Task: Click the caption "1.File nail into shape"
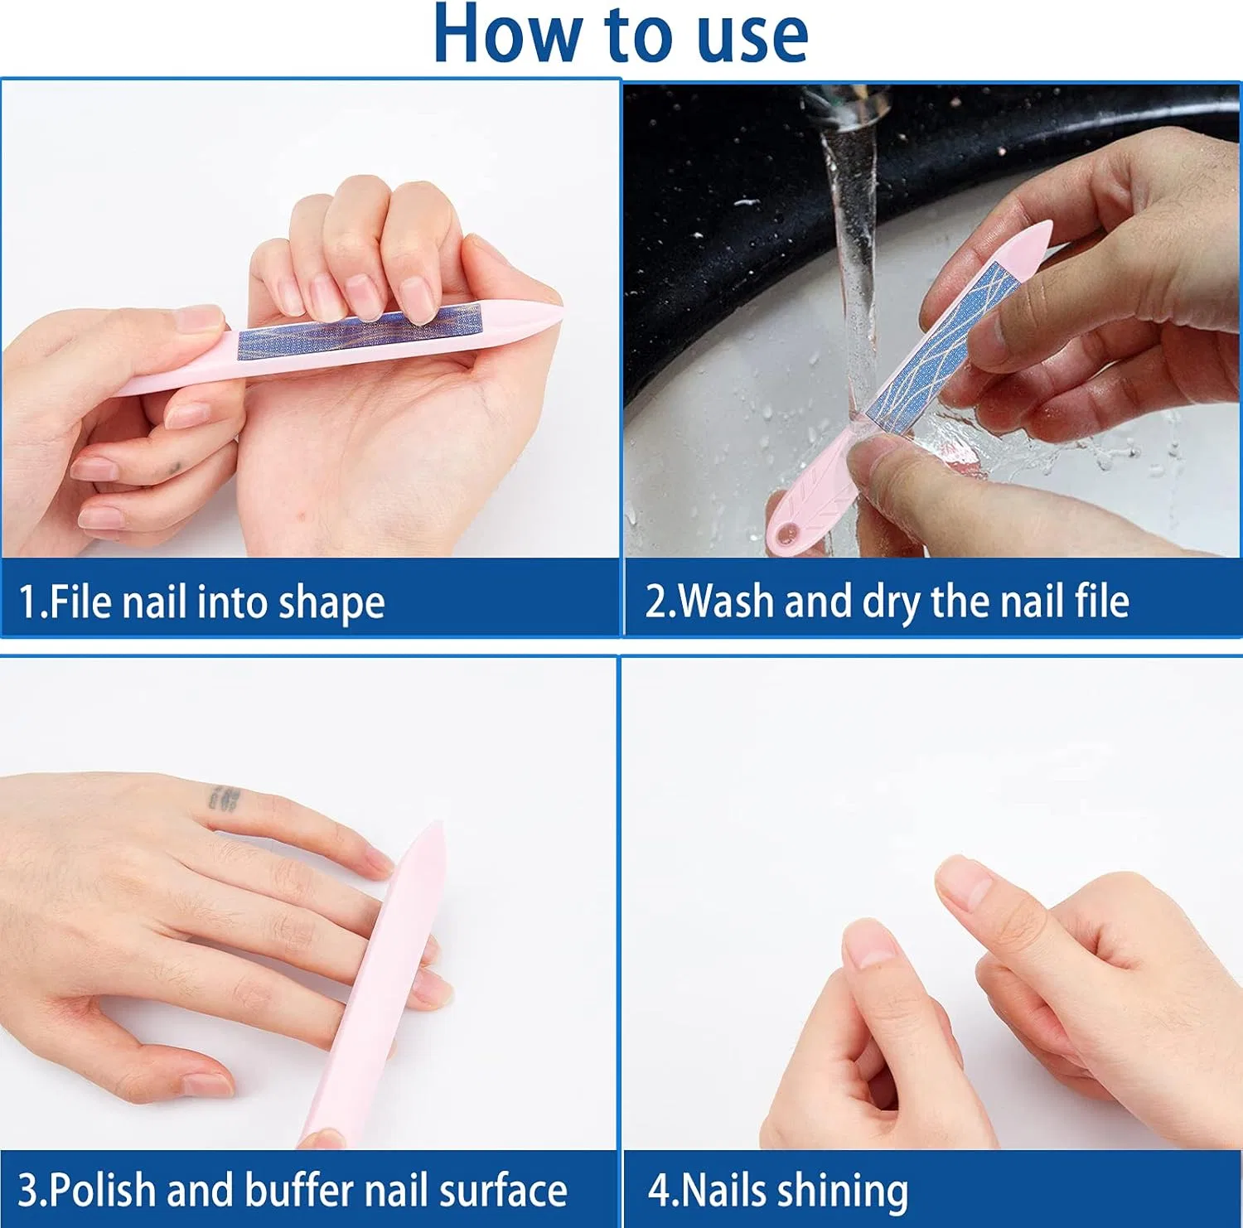[201, 602]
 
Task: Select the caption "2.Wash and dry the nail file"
[887, 602]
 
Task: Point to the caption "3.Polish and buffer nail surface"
[293, 1191]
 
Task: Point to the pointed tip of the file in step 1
[562, 312]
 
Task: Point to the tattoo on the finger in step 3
[225, 798]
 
